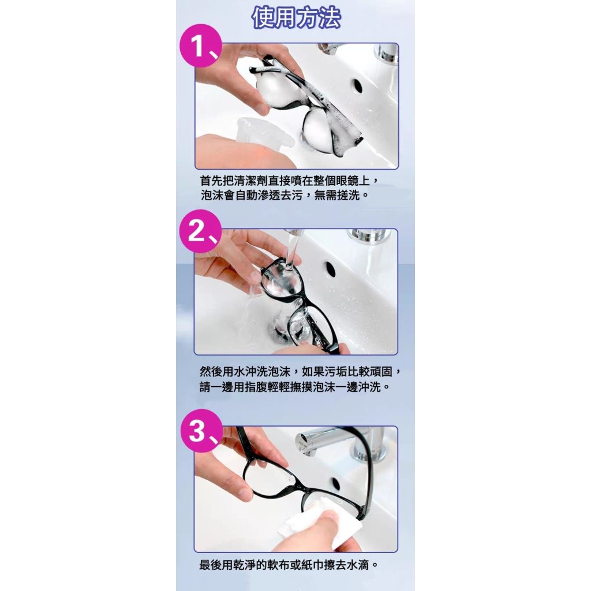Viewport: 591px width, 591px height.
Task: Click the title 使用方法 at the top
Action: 296,17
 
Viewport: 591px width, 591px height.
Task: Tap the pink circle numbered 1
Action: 201,46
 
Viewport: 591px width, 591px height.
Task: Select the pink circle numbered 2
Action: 200,231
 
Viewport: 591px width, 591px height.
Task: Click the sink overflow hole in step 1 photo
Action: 357,87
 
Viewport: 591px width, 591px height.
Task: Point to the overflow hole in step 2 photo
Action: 330,268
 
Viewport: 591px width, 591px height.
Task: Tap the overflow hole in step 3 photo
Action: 334,484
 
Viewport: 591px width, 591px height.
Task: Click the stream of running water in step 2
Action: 291,250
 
